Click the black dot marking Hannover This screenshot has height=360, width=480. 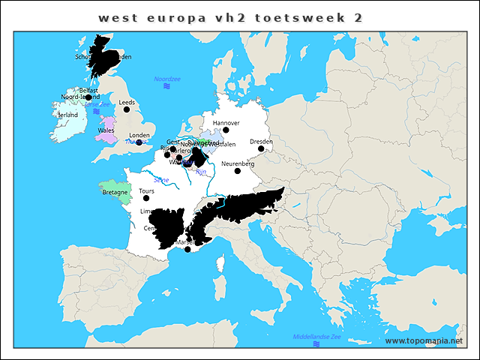tap(225, 130)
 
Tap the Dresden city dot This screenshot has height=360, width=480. tap(261, 148)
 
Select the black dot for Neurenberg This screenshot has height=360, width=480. tap(237, 171)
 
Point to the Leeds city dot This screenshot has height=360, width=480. tap(126, 109)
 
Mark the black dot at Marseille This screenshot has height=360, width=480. tap(187, 249)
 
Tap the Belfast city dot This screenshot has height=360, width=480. tap(88, 97)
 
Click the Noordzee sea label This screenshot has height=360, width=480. tap(166, 79)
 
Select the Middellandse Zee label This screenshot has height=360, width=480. tap(316, 337)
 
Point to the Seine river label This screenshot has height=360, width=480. tap(160, 180)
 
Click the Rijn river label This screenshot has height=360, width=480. tap(200, 172)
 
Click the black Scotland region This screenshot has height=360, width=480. tap(109, 56)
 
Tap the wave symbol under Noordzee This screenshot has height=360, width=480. tap(166, 87)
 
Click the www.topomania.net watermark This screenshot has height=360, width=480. tap(424, 341)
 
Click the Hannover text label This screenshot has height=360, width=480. tap(226, 122)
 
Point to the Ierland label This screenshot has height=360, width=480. tap(68, 115)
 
